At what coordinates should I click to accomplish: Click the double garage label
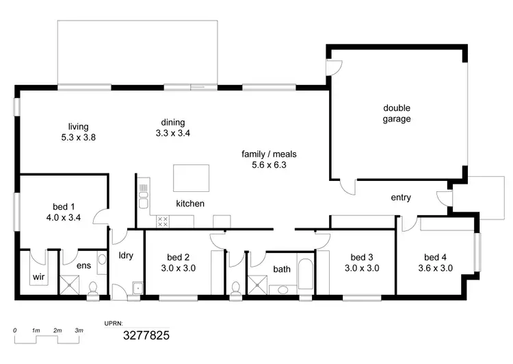point(397,113)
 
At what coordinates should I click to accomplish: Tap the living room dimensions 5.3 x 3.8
point(78,137)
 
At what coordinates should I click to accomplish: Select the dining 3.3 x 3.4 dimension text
point(172,133)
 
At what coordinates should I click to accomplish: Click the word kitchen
point(190,204)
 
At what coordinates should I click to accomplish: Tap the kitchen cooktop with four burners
point(163,221)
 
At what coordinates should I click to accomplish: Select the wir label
point(38,278)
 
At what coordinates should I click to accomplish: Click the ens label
point(83,264)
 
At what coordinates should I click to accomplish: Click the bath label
point(282,269)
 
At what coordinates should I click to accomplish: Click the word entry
point(401,197)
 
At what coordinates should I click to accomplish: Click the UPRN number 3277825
point(146,335)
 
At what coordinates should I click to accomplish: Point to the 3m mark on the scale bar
point(79,330)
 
